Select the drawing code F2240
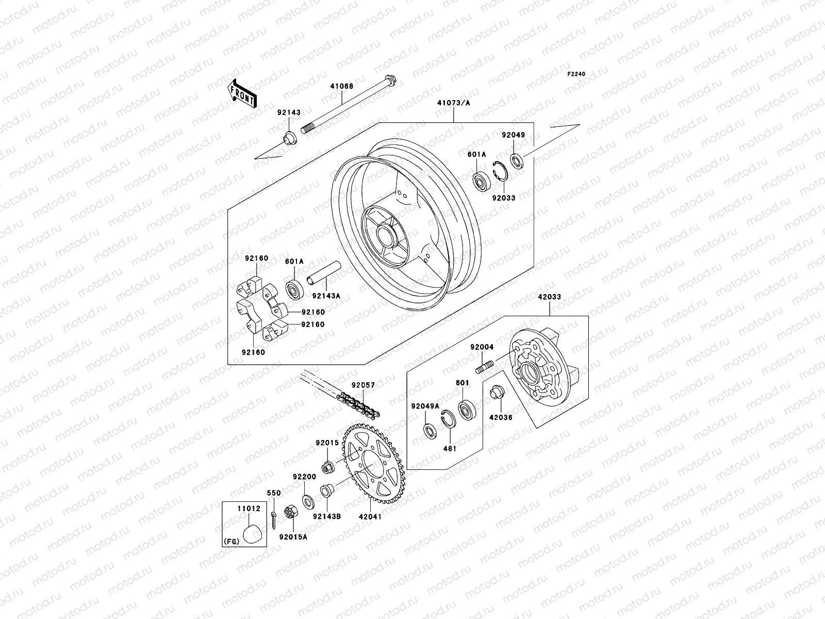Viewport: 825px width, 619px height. pyautogui.click(x=577, y=74)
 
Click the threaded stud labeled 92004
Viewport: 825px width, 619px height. pyautogui.click(x=485, y=368)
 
